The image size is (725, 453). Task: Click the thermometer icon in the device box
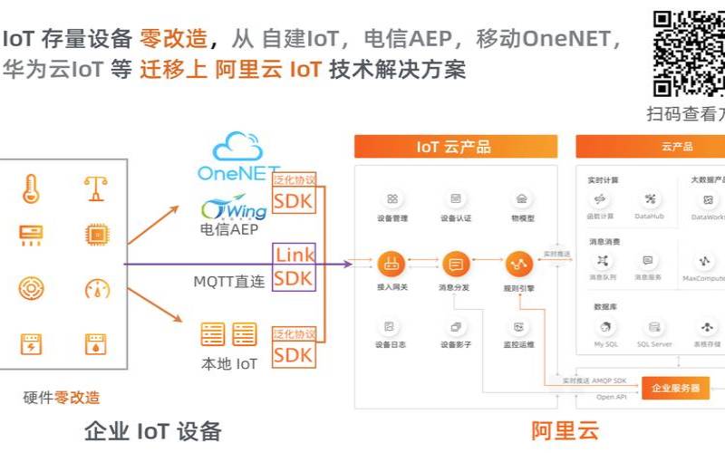(x=31, y=188)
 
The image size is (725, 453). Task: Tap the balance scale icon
(x=96, y=188)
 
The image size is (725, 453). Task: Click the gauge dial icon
(x=96, y=289)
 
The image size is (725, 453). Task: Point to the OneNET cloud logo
(x=237, y=157)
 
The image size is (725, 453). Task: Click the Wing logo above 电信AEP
(x=234, y=207)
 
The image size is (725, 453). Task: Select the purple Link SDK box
(x=295, y=266)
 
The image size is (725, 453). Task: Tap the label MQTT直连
(x=229, y=282)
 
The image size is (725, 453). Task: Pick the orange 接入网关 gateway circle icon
(x=391, y=265)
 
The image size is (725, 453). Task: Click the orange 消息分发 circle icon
(x=455, y=265)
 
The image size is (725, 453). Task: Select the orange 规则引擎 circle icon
(x=518, y=265)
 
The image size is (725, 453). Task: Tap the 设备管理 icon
(x=391, y=199)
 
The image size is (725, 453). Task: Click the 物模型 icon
(x=522, y=199)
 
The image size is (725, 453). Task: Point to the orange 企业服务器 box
(x=675, y=388)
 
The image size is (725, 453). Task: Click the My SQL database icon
(x=605, y=327)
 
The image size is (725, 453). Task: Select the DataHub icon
(x=649, y=199)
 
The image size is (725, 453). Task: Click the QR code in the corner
(x=690, y=52)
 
